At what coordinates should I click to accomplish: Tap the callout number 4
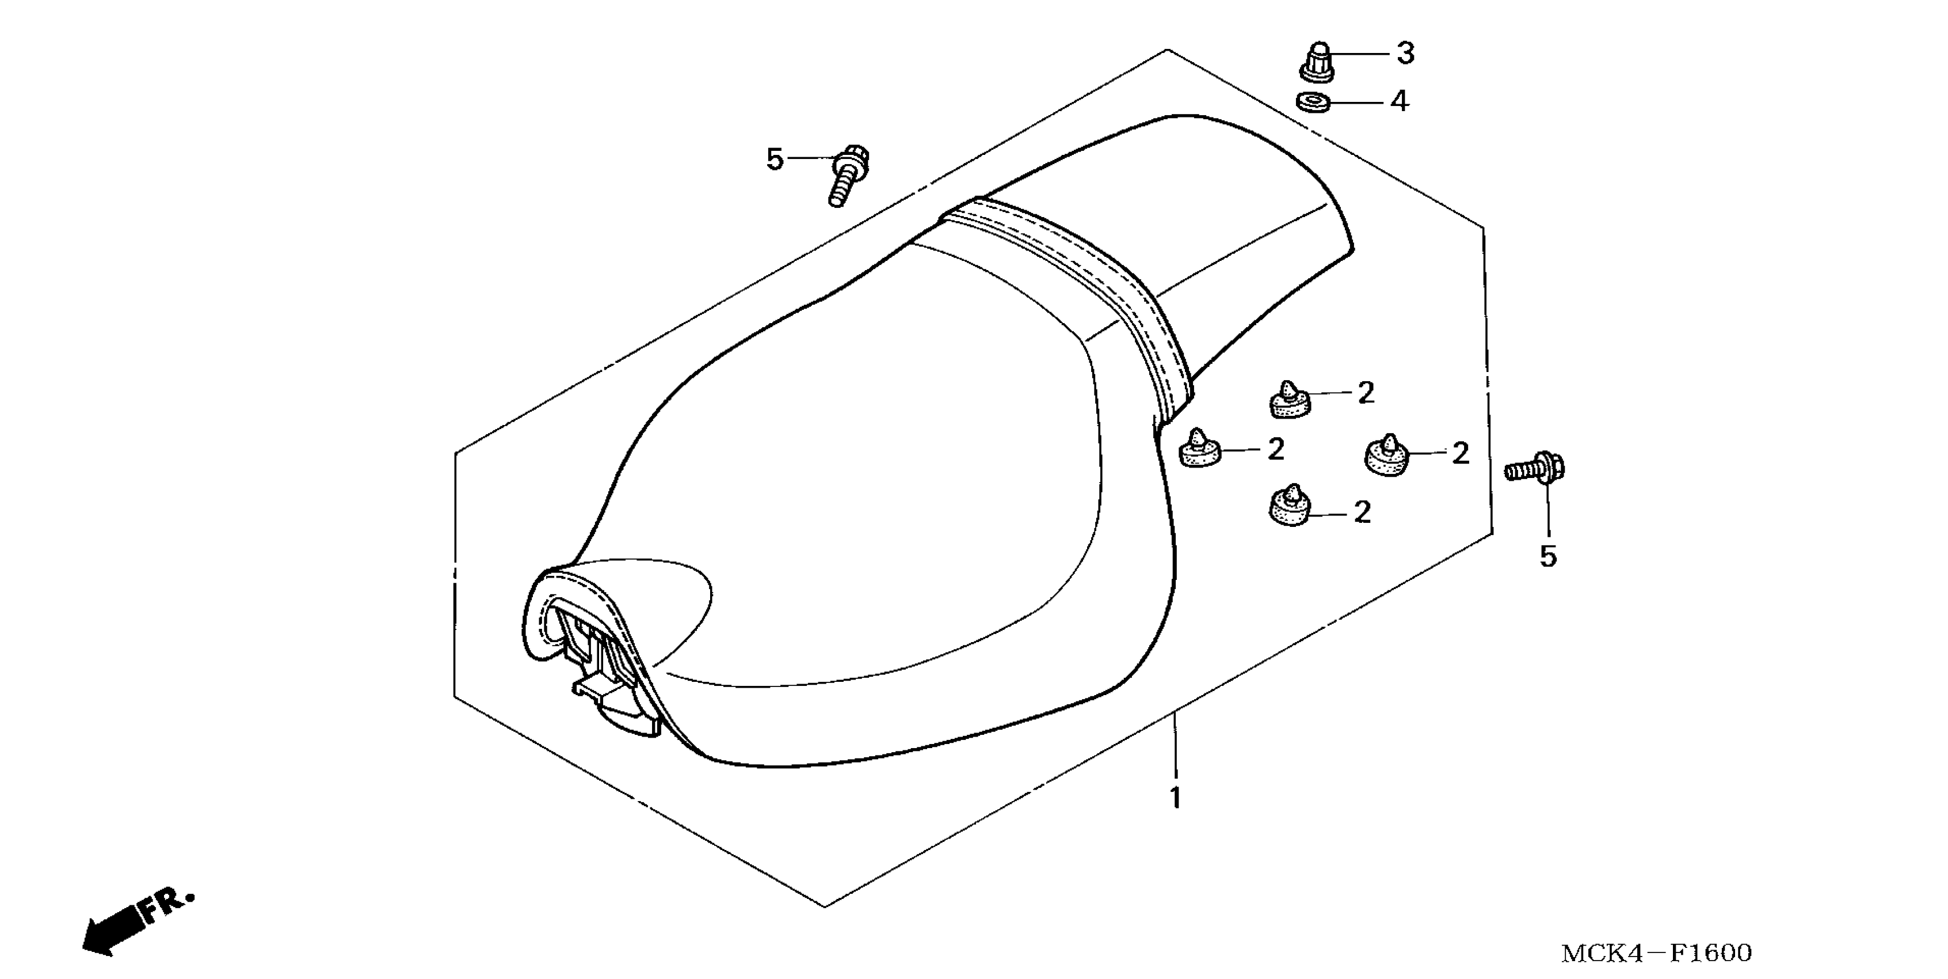click(1400, 101)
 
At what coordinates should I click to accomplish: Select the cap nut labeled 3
click(1316, 60)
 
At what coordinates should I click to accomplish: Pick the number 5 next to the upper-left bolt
click(775, 160)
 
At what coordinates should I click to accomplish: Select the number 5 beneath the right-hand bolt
click(1548, 557)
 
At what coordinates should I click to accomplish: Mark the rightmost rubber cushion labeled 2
click(1387, 456)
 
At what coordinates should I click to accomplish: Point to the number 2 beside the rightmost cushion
click(1460, 453)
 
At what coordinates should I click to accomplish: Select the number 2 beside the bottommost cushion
click(1362, 512)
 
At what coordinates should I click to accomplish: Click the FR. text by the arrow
click(166, 904)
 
